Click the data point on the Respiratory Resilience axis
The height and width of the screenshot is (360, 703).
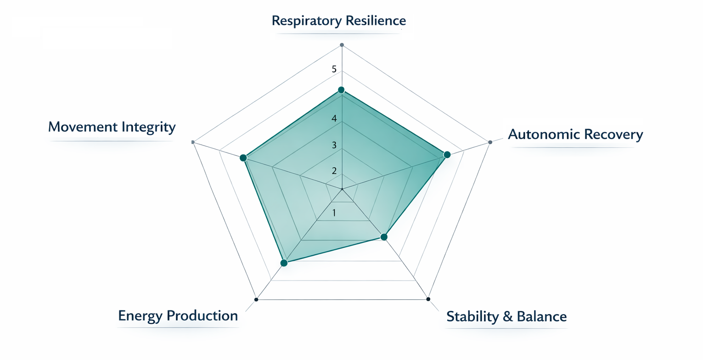tap(341, 90)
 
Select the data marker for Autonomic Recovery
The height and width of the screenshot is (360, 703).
tap(447, 155)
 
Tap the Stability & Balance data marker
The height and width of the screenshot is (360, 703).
tap(384, 237)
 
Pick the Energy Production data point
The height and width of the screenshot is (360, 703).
tap(284, 263)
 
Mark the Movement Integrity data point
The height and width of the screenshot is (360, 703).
tap(243, 158)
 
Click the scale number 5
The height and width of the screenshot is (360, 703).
tap(334, 70)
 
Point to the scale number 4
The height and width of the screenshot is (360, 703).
tap(334, 119)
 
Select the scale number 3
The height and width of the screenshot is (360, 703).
tap(334, 146)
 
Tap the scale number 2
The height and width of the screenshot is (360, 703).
tap(334, 171)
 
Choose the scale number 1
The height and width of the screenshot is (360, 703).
tap(334, 213)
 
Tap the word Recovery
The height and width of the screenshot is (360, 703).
tap(613, 135)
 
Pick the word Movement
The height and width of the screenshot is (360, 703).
tap(81, 127)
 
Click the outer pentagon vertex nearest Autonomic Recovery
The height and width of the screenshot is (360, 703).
tap(490, 142)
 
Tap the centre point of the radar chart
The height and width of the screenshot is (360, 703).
tap(342, 189)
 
